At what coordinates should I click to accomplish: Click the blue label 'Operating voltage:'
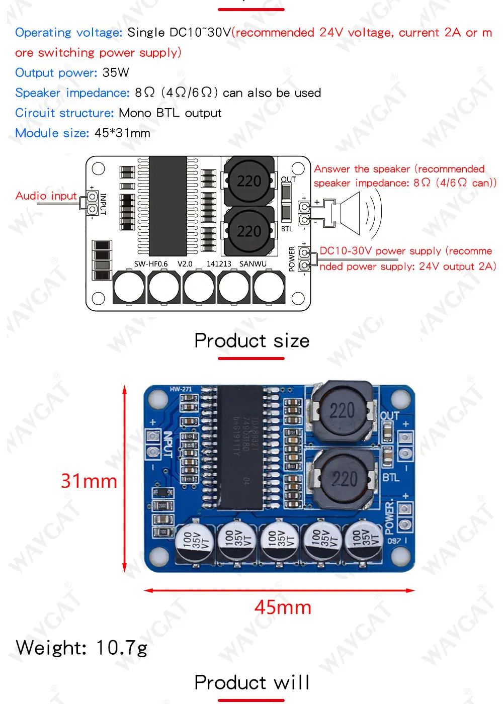[x=68, y=33]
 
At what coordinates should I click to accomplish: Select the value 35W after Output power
[x=116, y=73]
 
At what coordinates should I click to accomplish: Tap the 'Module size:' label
[x=52, y=133]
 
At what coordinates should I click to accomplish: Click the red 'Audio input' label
[x=46, y=196]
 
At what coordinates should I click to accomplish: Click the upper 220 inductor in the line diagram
[x=249, y=181]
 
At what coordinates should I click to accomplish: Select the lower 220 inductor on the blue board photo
[x=344, y=478]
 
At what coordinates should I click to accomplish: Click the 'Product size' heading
[x=251, y=341]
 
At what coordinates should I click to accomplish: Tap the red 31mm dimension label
[x=89, y=481]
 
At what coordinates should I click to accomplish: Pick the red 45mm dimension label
[x=283, y=607]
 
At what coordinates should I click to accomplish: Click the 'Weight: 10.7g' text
[x=81, y=648]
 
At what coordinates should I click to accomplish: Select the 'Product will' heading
[x=251, y=683]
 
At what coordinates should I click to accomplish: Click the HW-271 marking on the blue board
[x=181, y=389]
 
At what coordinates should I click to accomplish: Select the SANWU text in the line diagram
[x=253, y=264]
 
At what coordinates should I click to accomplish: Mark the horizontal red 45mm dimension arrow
[x=279, y=590]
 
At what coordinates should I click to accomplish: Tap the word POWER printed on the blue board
[x=389, y=515]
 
